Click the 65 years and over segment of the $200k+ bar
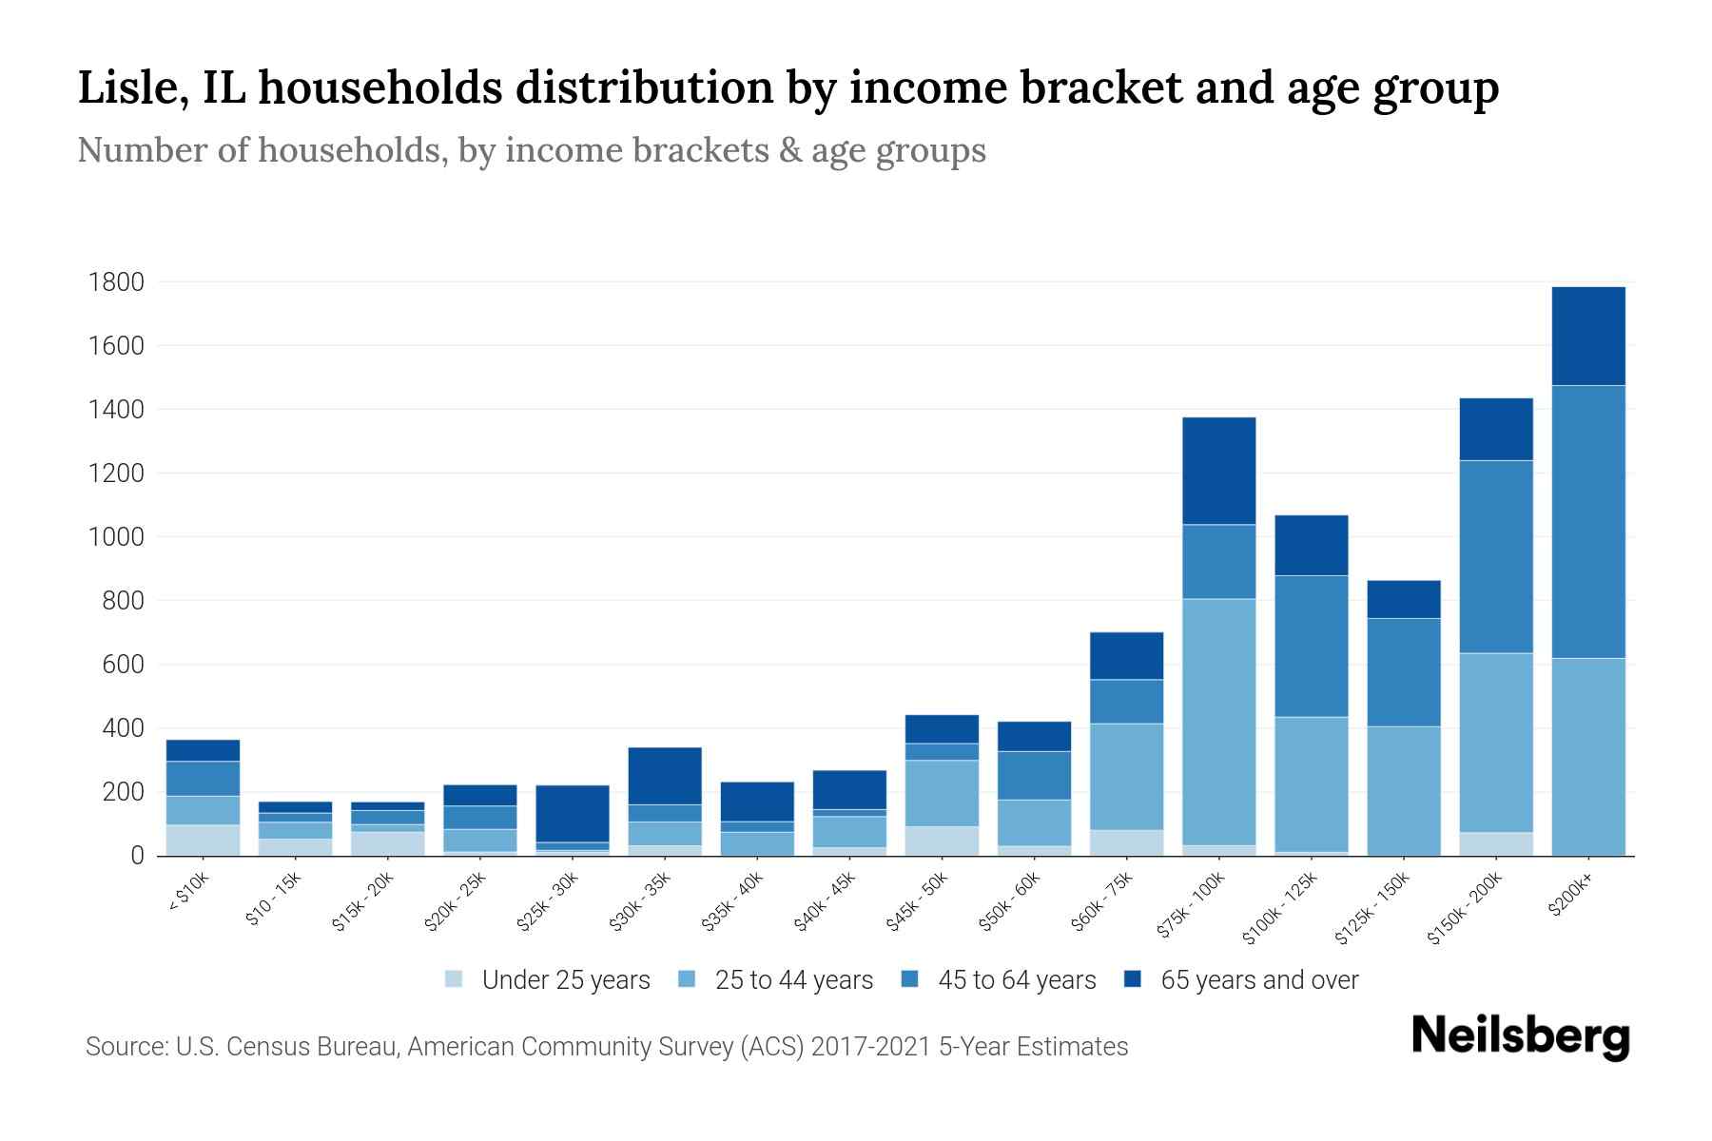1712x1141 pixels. tap(1587, 336)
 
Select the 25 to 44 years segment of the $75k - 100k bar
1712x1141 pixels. tap(1218, 722)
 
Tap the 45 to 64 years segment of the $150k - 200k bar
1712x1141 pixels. tap(1495, 556)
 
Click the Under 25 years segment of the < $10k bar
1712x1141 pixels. tap(203, 840)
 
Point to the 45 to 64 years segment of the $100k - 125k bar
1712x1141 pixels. tap(1311, 646)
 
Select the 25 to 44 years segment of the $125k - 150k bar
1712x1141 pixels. tap(1403, 790)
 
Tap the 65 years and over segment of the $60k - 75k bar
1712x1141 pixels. tap(1126, 655)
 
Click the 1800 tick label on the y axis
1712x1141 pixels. tap(116, 282)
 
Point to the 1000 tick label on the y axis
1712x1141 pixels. tap(116, 537)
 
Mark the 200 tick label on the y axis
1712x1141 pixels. tap(124, 792)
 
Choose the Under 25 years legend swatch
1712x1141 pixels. tap(455, 979)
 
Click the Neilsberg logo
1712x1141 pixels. tap(1520, 1036)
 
